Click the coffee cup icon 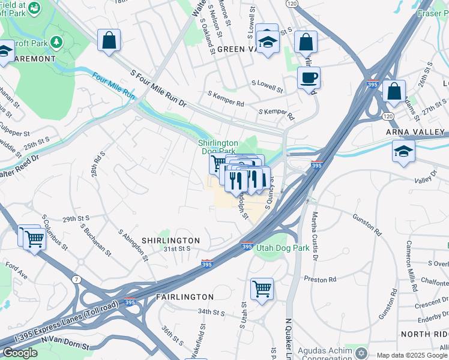[309, 77]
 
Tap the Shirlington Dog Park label [218, 147]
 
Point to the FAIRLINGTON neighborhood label [184, 297]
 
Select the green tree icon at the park [56, 42]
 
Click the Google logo [20, 353]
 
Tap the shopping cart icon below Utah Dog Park [262, 289]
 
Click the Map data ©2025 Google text [411, 355]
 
